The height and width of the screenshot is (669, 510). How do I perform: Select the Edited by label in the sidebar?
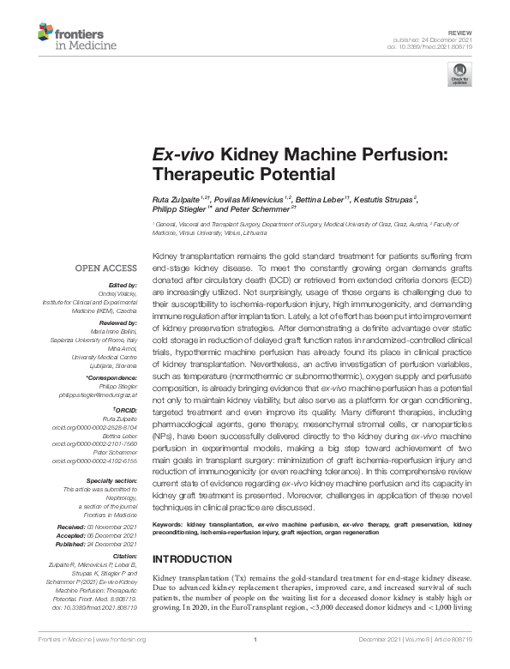coord(123,285)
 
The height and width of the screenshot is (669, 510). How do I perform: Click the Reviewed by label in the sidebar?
coord(119,324)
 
